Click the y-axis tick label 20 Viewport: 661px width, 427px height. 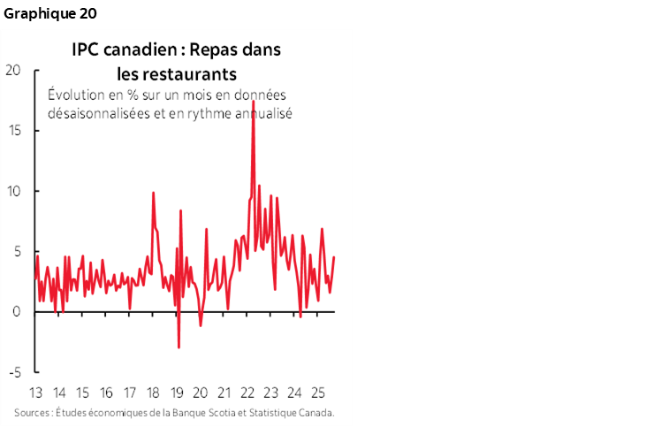click(x=12, y=70)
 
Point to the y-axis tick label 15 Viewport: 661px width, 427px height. click(x=12, y=130)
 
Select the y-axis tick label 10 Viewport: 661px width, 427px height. click(x=12, y=191)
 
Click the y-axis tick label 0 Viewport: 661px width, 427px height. click(x=16, y=312)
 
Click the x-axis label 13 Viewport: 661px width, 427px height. click(x=36, y=393)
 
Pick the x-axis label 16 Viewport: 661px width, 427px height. click(x=106, y=393)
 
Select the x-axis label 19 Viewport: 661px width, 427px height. click(x=176, y=393)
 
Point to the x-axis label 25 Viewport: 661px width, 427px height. click(x=317, y=393)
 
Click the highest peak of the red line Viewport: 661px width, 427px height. click(x=254, y=101)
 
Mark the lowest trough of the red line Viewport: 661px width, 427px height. click(x=179, y=347)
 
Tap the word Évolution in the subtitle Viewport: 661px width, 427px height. click(x=77, y=96)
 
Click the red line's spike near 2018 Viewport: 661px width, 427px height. click(x=153, y=193)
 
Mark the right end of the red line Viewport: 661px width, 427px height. click(x=334, y=257)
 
